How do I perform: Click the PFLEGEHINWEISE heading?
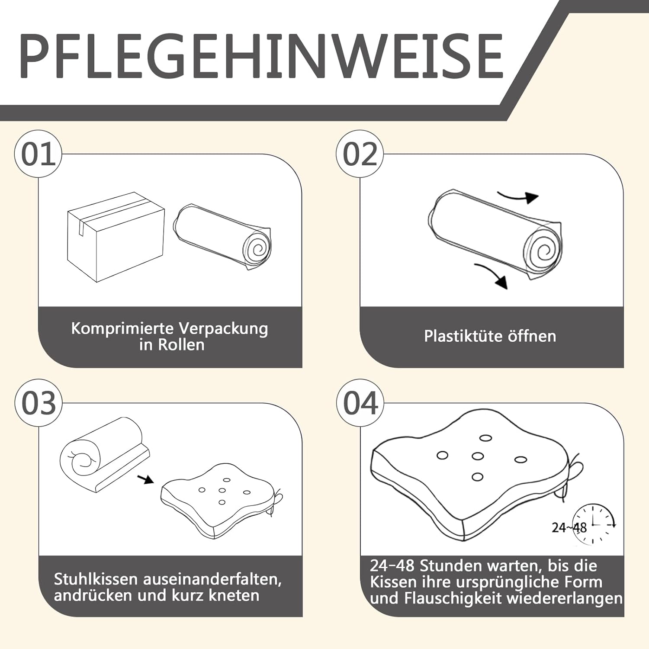(x=261, y=56)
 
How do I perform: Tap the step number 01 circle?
(x=38, y=154)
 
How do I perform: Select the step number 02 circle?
(x=360, y=154)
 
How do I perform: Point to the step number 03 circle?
(x=39, y=403)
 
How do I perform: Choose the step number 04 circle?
(x=360, y=403)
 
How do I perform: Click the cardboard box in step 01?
(x=116, y=237)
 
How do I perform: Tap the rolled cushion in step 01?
(x=222, y=236)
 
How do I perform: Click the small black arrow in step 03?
(x=145, y=479)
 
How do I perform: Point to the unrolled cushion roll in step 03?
(x=105, y=454)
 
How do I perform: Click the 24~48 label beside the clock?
(x=569, y=527)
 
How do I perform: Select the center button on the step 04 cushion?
(x=478, y=456)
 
